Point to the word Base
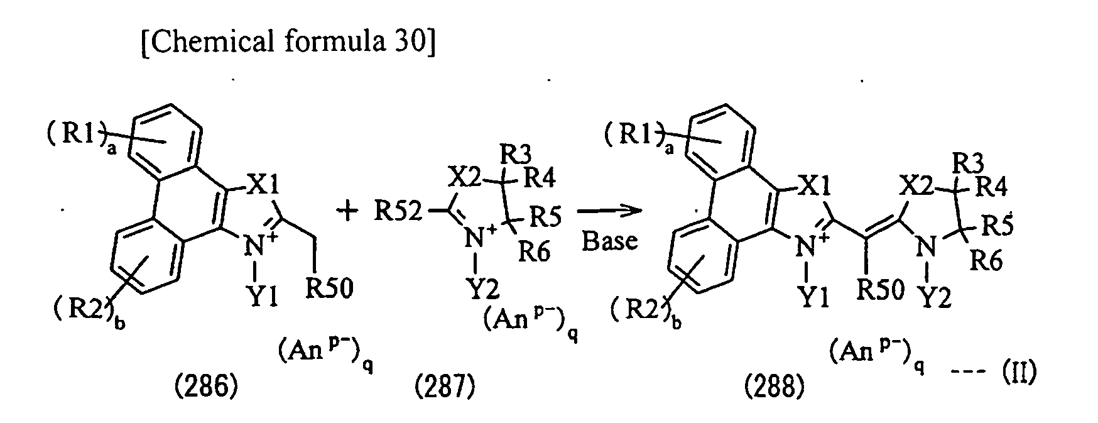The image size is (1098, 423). [609, 241]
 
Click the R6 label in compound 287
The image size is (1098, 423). [534, 252]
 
